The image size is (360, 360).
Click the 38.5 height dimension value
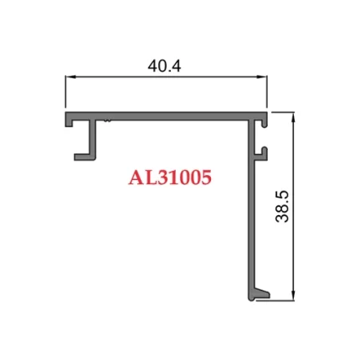(281, 206)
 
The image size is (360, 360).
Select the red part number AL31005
(170, 177)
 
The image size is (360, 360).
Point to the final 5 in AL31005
(205, 177)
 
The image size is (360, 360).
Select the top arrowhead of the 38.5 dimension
(292, 116)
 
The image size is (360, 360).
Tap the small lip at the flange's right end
(265, 120)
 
